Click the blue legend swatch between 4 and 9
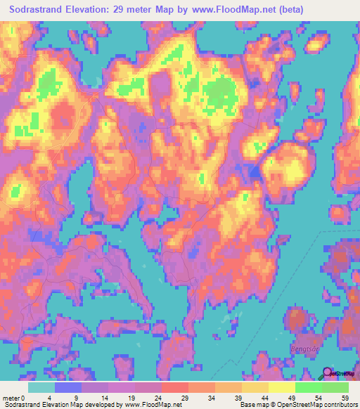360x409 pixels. (x=67, y=387)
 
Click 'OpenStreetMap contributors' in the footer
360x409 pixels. (x=320, y=405)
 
